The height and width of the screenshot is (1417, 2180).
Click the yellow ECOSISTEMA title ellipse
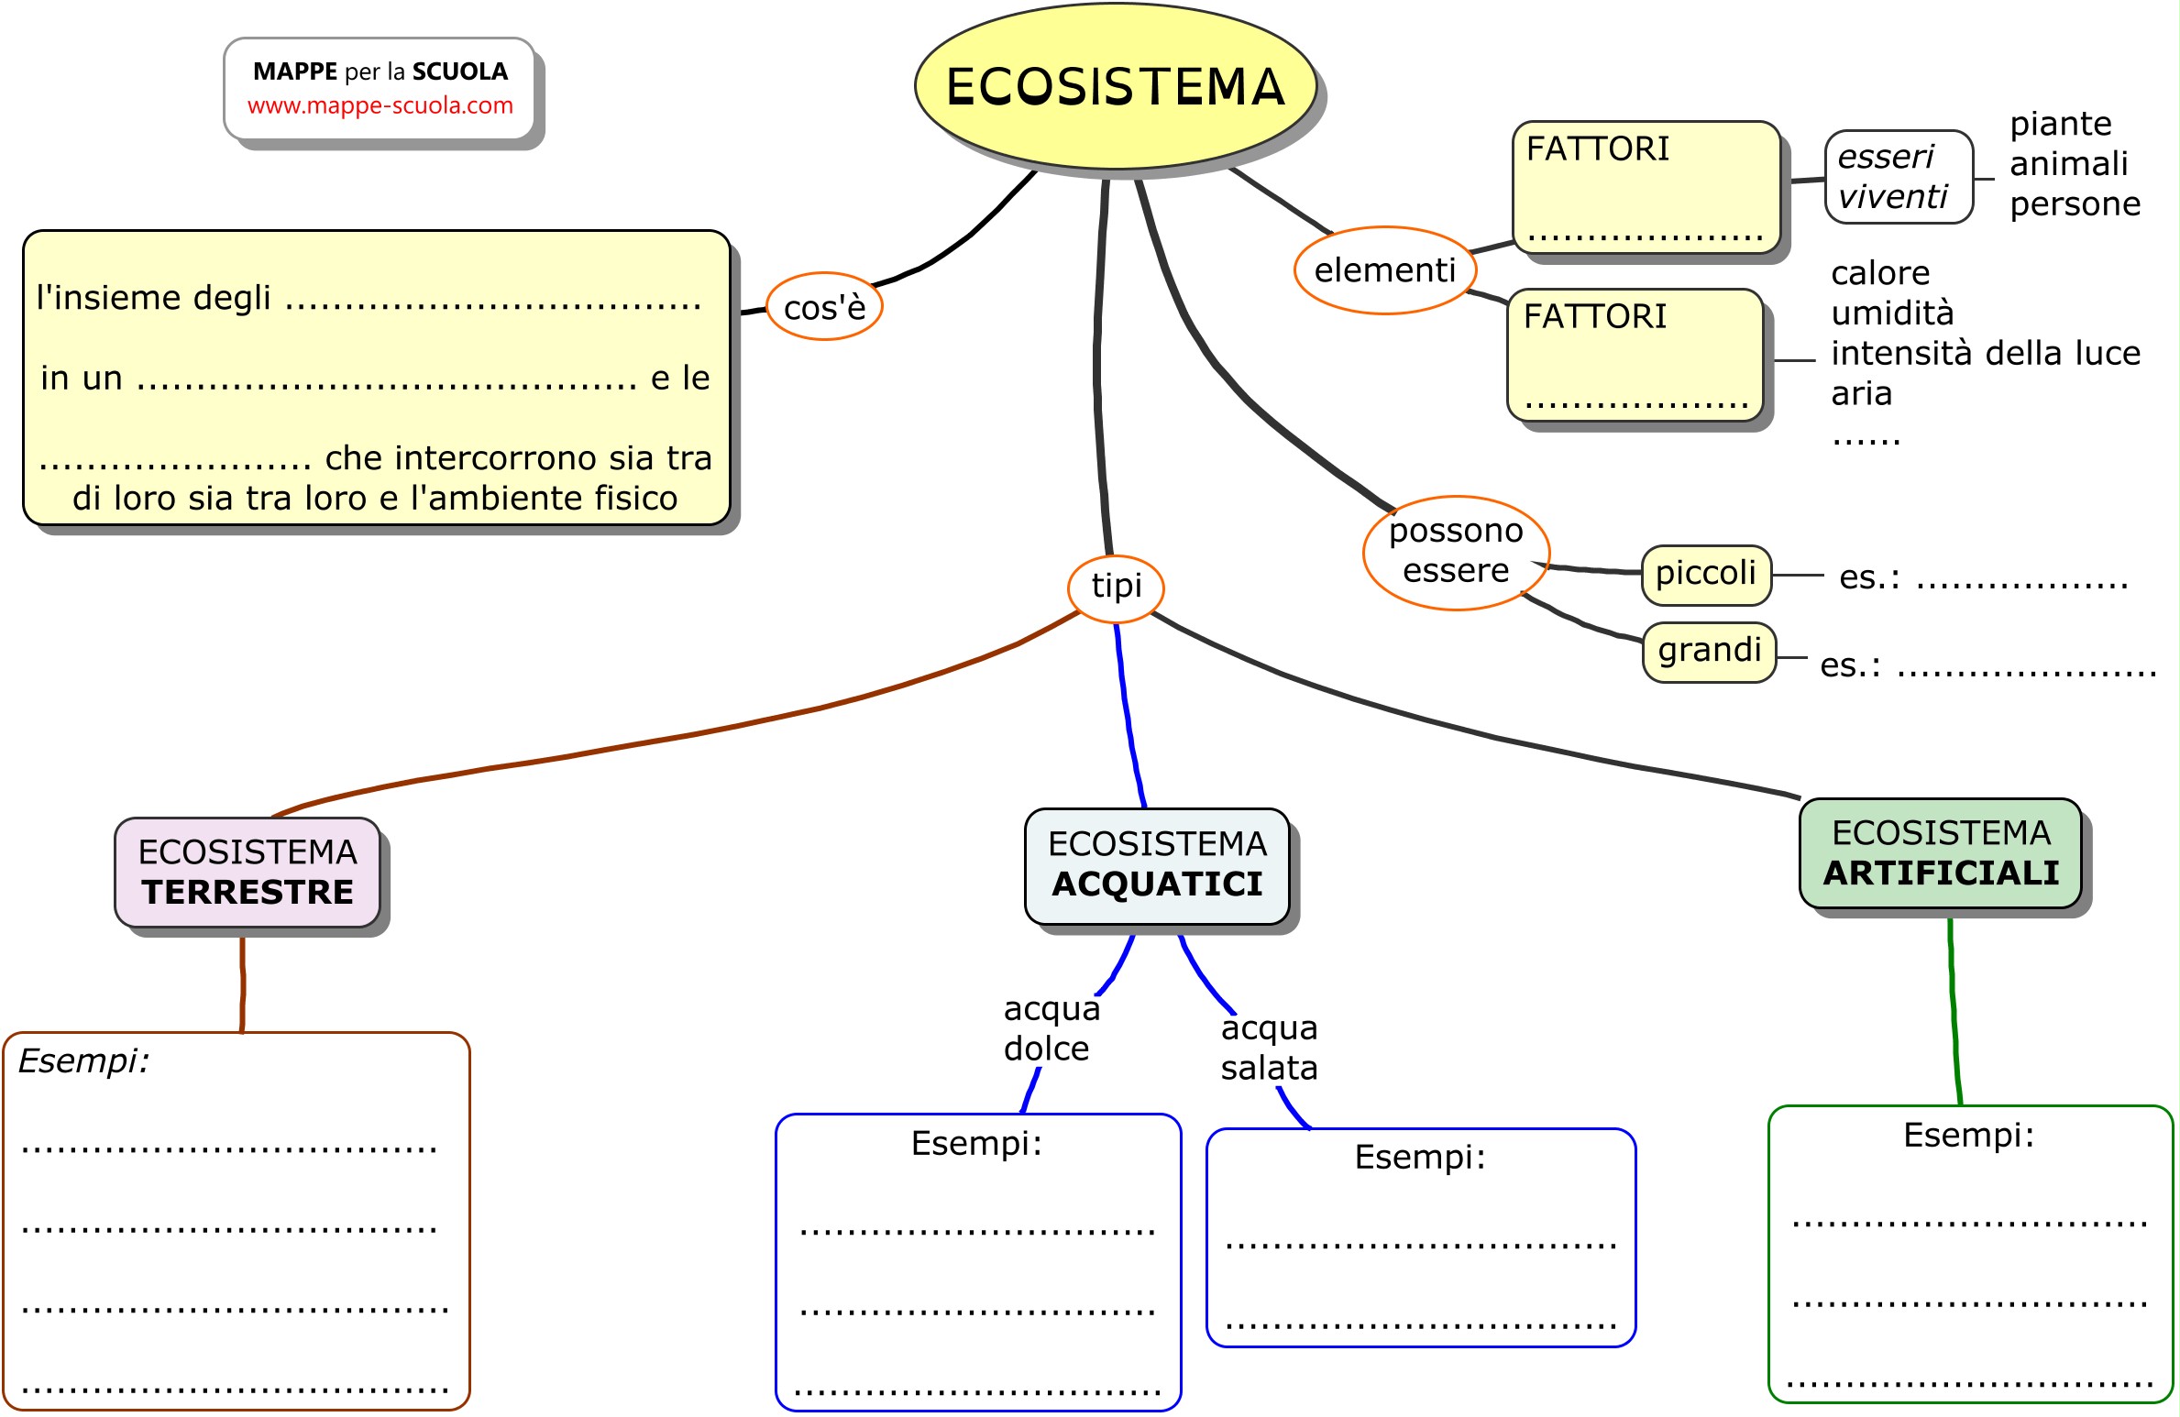[1115, 86]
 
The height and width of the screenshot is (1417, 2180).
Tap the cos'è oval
[823, 307]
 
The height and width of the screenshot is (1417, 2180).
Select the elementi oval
[1384, 270]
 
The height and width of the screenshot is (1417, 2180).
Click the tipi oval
[1116, 586]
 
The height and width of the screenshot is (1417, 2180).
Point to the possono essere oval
[1455, 552]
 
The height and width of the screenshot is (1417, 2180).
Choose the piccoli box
[1705, 575]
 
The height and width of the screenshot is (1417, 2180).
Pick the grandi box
[1709, 652]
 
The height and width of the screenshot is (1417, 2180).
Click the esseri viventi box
[1898, 177]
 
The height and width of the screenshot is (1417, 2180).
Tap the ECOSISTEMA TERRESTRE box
[247, 873]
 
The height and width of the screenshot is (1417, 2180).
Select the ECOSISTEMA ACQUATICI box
[1157, 865]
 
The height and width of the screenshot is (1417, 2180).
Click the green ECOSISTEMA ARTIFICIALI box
[1940, 853]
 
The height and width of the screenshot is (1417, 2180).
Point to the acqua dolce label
[1051, 1028]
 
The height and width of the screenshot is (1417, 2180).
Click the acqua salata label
[1269, 1048]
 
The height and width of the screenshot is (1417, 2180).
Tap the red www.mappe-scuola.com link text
[380, 106]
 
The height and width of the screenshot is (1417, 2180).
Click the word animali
[2068, 164]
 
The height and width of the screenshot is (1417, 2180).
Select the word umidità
[1892, 313]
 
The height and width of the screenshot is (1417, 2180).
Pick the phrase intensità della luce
[1985, 353]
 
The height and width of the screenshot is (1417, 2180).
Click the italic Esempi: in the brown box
[83, 1061]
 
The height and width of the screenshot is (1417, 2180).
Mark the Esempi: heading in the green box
[1968, 1135]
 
